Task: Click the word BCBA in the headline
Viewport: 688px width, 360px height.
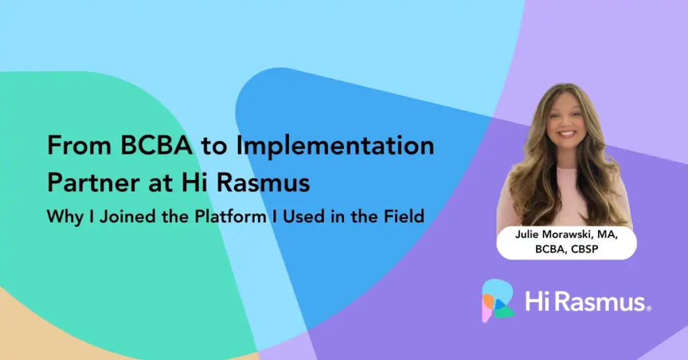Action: (156, 145)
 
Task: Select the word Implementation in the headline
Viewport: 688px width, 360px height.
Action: (335, 145)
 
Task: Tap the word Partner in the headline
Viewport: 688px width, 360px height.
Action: (93, 183)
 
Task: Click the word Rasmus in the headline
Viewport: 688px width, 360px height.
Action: (263, 183)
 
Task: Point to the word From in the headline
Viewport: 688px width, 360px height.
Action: (79, 145)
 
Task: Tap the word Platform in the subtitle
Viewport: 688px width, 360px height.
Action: (230, 217)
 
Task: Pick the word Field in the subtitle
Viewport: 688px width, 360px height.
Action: (404, 216)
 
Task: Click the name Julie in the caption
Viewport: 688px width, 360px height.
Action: (527, 234)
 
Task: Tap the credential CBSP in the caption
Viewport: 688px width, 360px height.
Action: (585, 249)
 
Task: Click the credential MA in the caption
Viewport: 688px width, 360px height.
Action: (607, 234)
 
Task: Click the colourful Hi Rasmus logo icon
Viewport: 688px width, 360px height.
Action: (498, 301)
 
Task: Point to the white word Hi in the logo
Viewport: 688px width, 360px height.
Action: (535, 302)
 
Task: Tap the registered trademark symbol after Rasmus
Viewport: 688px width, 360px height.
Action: (649, 308)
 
